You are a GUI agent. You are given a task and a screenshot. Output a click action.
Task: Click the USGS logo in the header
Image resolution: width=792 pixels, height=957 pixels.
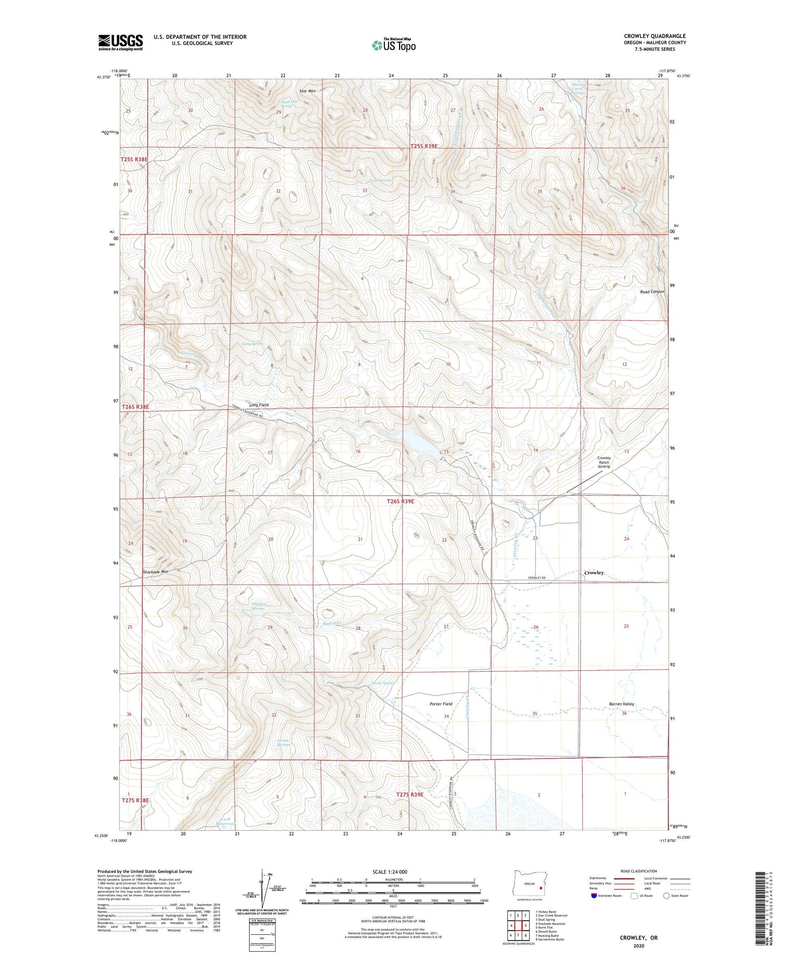tap(120, 42)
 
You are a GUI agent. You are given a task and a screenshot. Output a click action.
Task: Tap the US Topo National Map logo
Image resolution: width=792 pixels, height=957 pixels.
tap(393, 45)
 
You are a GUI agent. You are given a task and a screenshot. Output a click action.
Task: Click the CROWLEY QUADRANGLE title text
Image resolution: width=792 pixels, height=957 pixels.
tap(655, 36)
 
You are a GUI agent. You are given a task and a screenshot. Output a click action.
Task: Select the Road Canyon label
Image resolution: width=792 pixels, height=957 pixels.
tap(652, 291)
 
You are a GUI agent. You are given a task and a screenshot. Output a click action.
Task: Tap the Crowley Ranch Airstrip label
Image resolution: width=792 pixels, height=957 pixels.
tap(604, 462)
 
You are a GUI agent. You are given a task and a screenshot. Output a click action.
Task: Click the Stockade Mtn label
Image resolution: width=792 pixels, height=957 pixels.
tap(155, 572)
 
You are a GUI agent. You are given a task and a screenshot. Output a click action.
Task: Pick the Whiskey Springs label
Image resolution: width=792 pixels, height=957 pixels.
tap(259, 606)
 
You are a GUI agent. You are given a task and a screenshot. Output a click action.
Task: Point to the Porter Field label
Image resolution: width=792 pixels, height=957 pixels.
tap(440, 704)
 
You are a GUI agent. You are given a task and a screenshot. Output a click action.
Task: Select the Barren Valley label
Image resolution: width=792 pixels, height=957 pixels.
tap(621, 704)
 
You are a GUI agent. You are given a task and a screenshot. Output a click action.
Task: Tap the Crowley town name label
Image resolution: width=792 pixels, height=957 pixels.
tap(594, 573)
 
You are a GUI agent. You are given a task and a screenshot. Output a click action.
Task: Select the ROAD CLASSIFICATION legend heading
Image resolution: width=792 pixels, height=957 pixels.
tap(639, 871)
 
